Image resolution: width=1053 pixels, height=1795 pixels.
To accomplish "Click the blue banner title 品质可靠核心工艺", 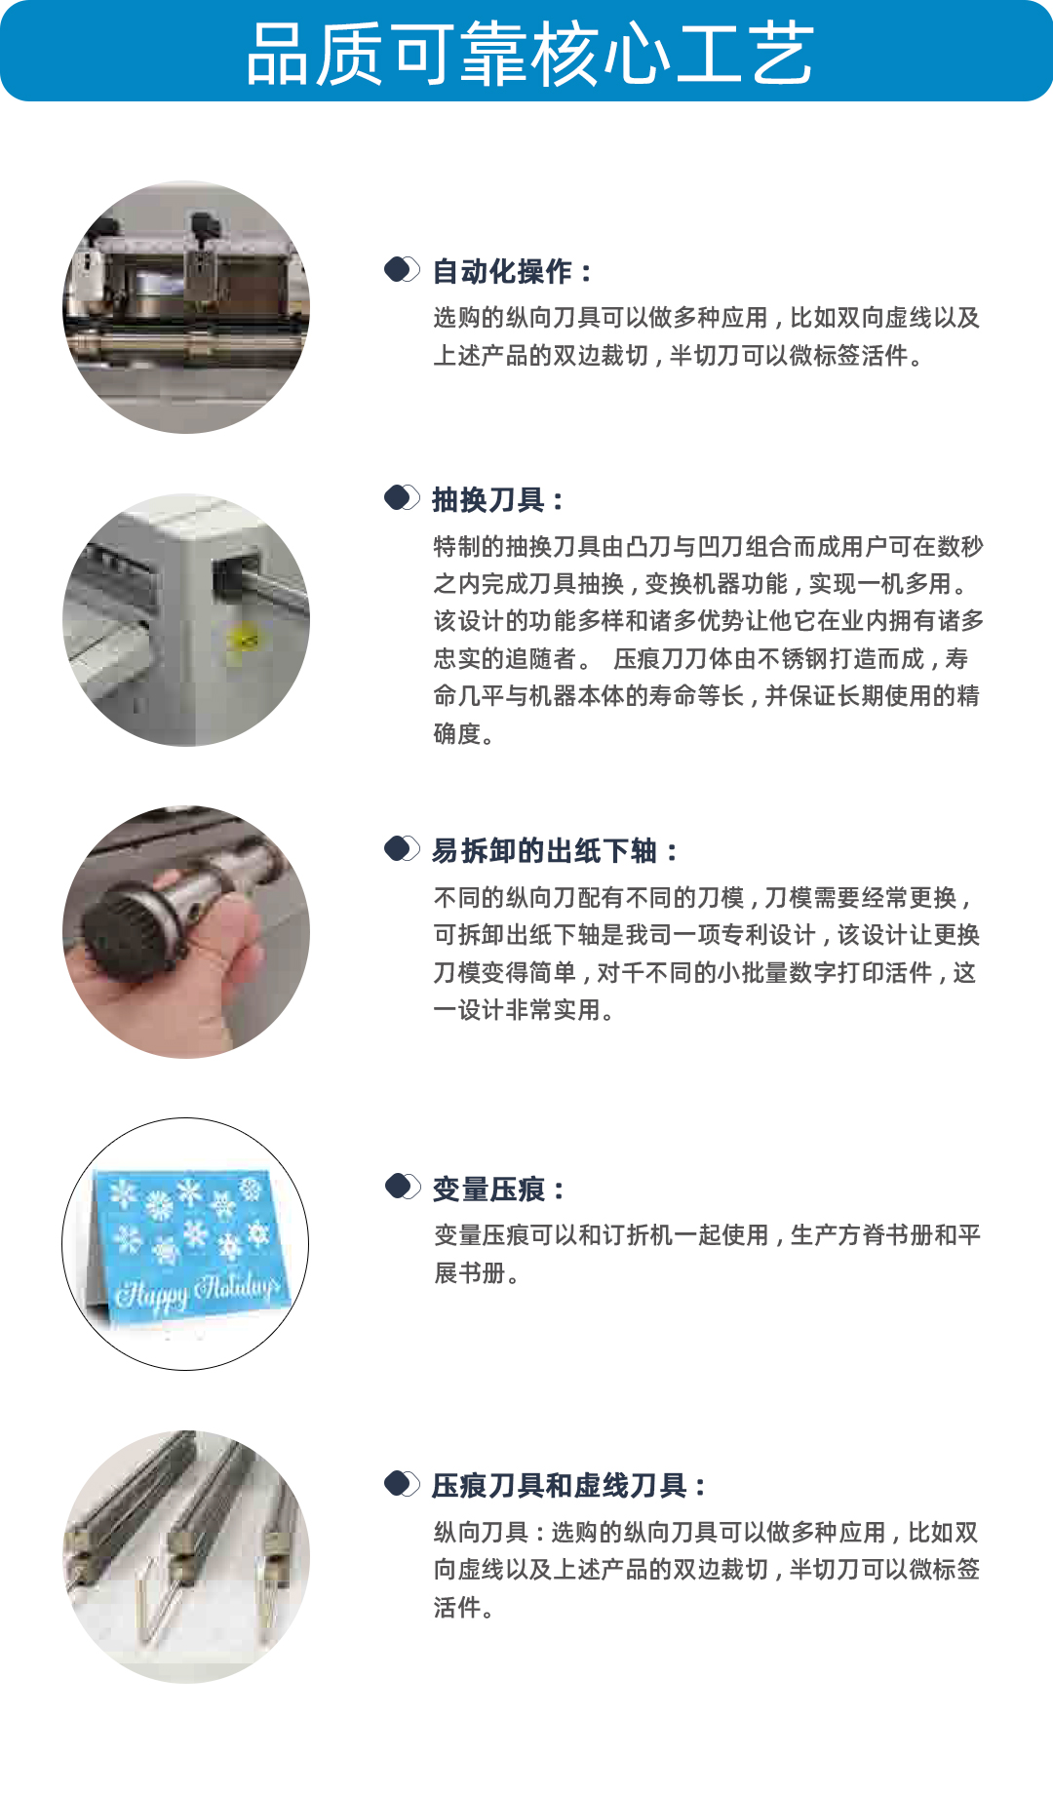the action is (x=529, y=53).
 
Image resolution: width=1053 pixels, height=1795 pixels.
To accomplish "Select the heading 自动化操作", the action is (x=502, y=272).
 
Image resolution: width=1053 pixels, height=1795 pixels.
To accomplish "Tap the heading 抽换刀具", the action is (x=488, y=500).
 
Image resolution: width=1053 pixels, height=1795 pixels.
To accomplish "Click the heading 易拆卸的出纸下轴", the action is (x=544, y=851).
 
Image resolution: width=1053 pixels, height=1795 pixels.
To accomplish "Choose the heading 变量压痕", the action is (x=488, y=1190).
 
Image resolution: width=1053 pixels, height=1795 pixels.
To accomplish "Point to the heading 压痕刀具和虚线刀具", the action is (x=560, y=1486).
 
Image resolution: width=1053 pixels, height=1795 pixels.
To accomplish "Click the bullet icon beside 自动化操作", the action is (x=402, y=269).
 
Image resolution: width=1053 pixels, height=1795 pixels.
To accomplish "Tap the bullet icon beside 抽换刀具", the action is (x=402, y=497).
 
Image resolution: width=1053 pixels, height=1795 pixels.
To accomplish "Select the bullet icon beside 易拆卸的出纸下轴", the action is (x=402, y=848).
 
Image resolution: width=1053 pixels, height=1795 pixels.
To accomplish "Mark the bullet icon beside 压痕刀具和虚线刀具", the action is (x=402, y=1483).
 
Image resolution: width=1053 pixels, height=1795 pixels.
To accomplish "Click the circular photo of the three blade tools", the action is (x=186, y=1557).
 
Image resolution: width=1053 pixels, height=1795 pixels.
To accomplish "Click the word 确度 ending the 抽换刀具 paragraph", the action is (x=457, y=733).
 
